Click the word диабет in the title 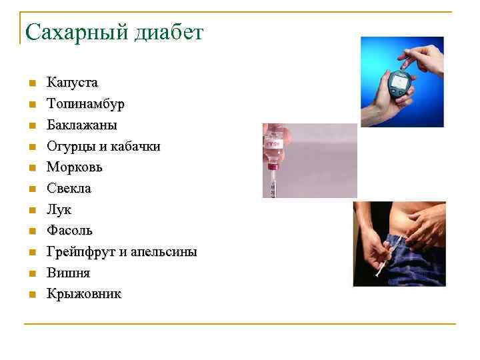(x=163, y=31)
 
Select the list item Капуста (x=72, y=83)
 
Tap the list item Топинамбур (x=85, y=104)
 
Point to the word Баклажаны (x=81, y=125)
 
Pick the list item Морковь (x=74, y=167)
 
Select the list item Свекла (x=69, y=189)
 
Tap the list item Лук (x=59, y=209)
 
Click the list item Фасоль (x=69, y=231)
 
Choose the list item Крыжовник (x=84, y=294)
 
